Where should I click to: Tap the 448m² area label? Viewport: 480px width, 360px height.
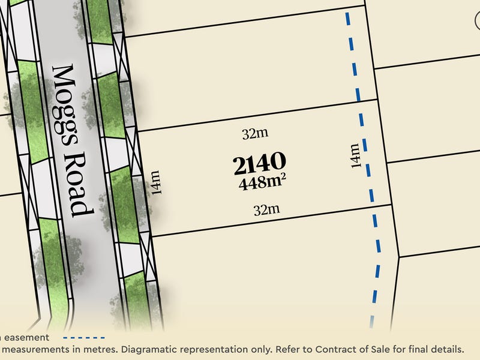[x=261, y=182]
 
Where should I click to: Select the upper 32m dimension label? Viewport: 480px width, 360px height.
[x=255, y=134]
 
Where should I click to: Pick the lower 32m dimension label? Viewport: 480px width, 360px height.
[x=267, y=210]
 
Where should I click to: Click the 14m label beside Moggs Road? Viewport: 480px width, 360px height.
[x=155, y=183]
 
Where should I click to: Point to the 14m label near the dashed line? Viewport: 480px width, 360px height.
[x=356, y=155]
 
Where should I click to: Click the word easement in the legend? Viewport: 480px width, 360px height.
[x=28, y=338]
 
